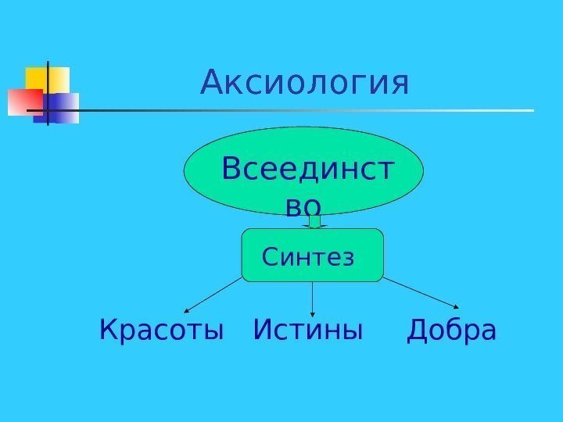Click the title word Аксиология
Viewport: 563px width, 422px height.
tap(305, 83)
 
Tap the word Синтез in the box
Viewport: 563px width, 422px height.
tap(308, 256)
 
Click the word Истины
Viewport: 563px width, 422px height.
tap(309, 331)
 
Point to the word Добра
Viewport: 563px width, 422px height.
tap(452, 331)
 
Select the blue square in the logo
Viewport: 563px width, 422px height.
tap(63, 108)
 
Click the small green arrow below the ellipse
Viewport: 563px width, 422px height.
tap(314, 222)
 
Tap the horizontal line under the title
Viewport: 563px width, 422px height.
tap(313, 110)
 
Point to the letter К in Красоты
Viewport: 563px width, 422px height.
tap(108, 331)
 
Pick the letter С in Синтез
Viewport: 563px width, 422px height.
tap(270, 256)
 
